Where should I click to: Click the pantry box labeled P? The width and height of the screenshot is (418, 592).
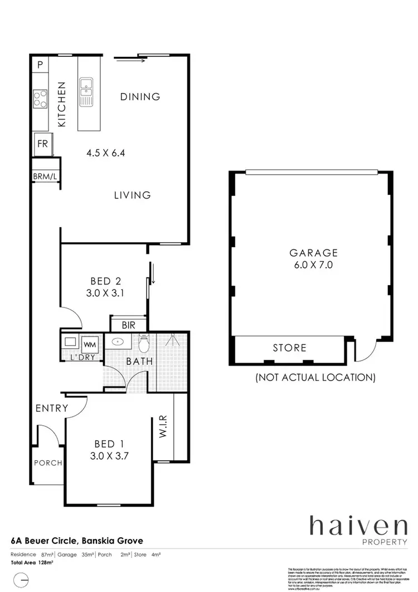[40, 65]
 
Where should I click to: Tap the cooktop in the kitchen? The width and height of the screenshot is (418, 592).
[41, 99]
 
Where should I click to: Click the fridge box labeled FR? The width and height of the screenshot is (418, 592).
[43, 143]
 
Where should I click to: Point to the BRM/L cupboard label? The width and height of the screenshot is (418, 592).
[45, 177]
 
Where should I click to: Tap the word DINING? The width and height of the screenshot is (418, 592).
[140, 97]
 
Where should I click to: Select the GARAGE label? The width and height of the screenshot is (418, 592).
[311, 252]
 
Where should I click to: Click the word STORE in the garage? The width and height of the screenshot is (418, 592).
[289, 348]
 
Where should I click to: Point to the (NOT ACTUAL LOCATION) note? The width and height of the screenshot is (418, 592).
[315, 378]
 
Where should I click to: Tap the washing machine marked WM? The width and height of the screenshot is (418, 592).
[90, 343]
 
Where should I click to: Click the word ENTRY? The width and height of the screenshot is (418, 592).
[51, 408]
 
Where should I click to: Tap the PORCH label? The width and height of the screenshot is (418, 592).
[48, 463]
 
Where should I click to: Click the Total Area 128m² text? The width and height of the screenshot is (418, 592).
[32, 563]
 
